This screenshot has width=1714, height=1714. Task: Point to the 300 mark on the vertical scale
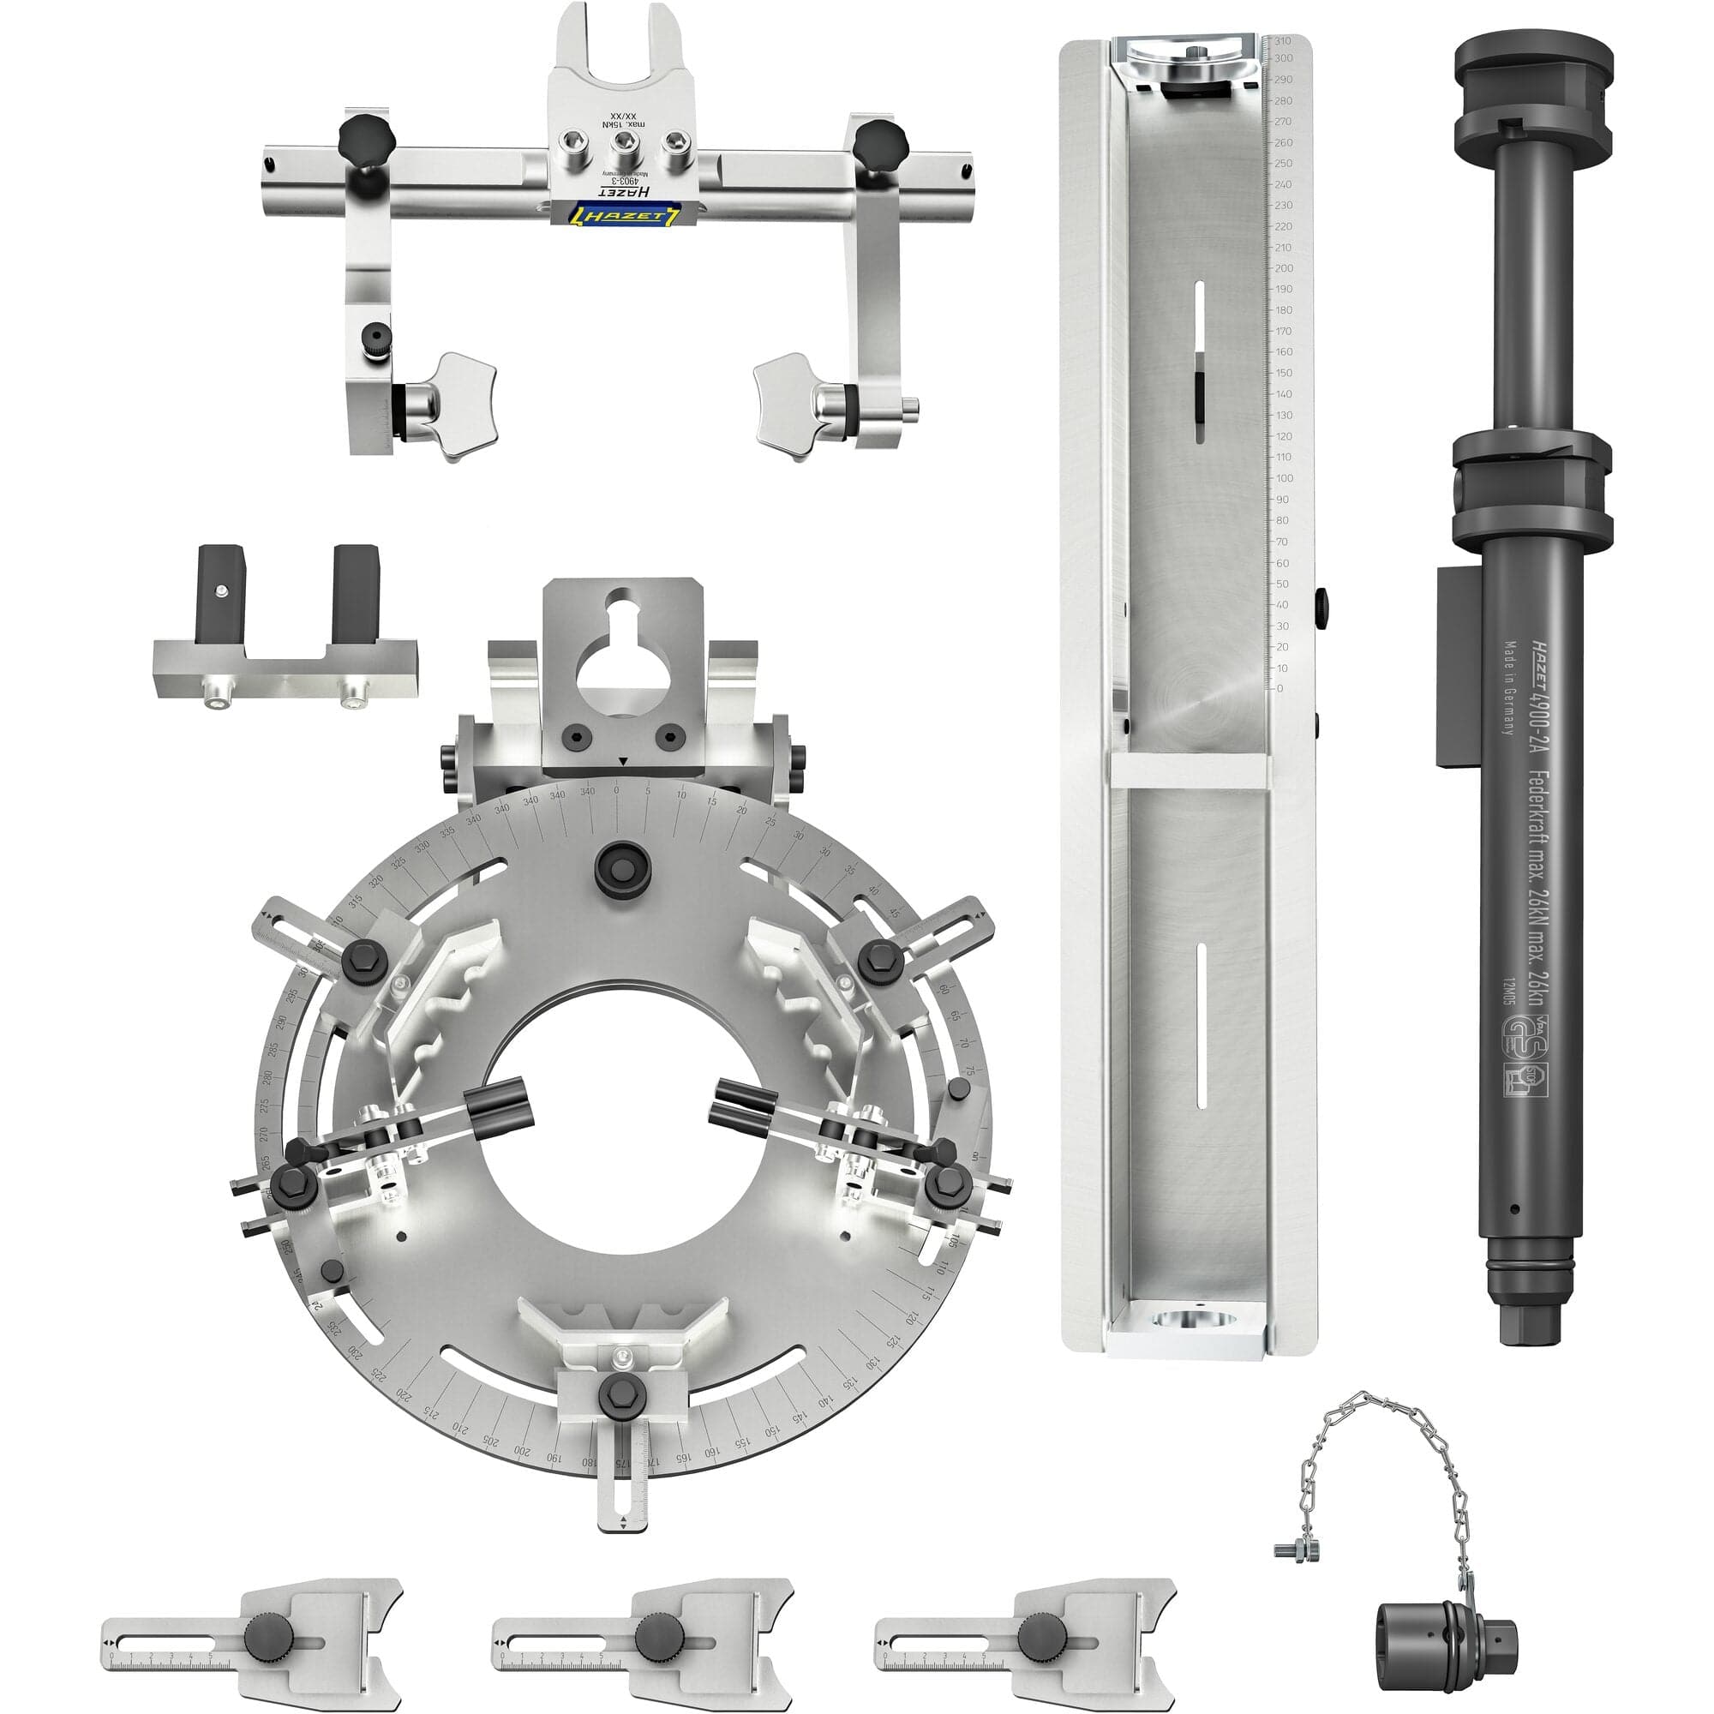(x=1283, y=58)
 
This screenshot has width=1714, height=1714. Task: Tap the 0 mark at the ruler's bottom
(x=1280, y=688)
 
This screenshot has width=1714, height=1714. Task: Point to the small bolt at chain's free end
(x=1292, y=1549)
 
